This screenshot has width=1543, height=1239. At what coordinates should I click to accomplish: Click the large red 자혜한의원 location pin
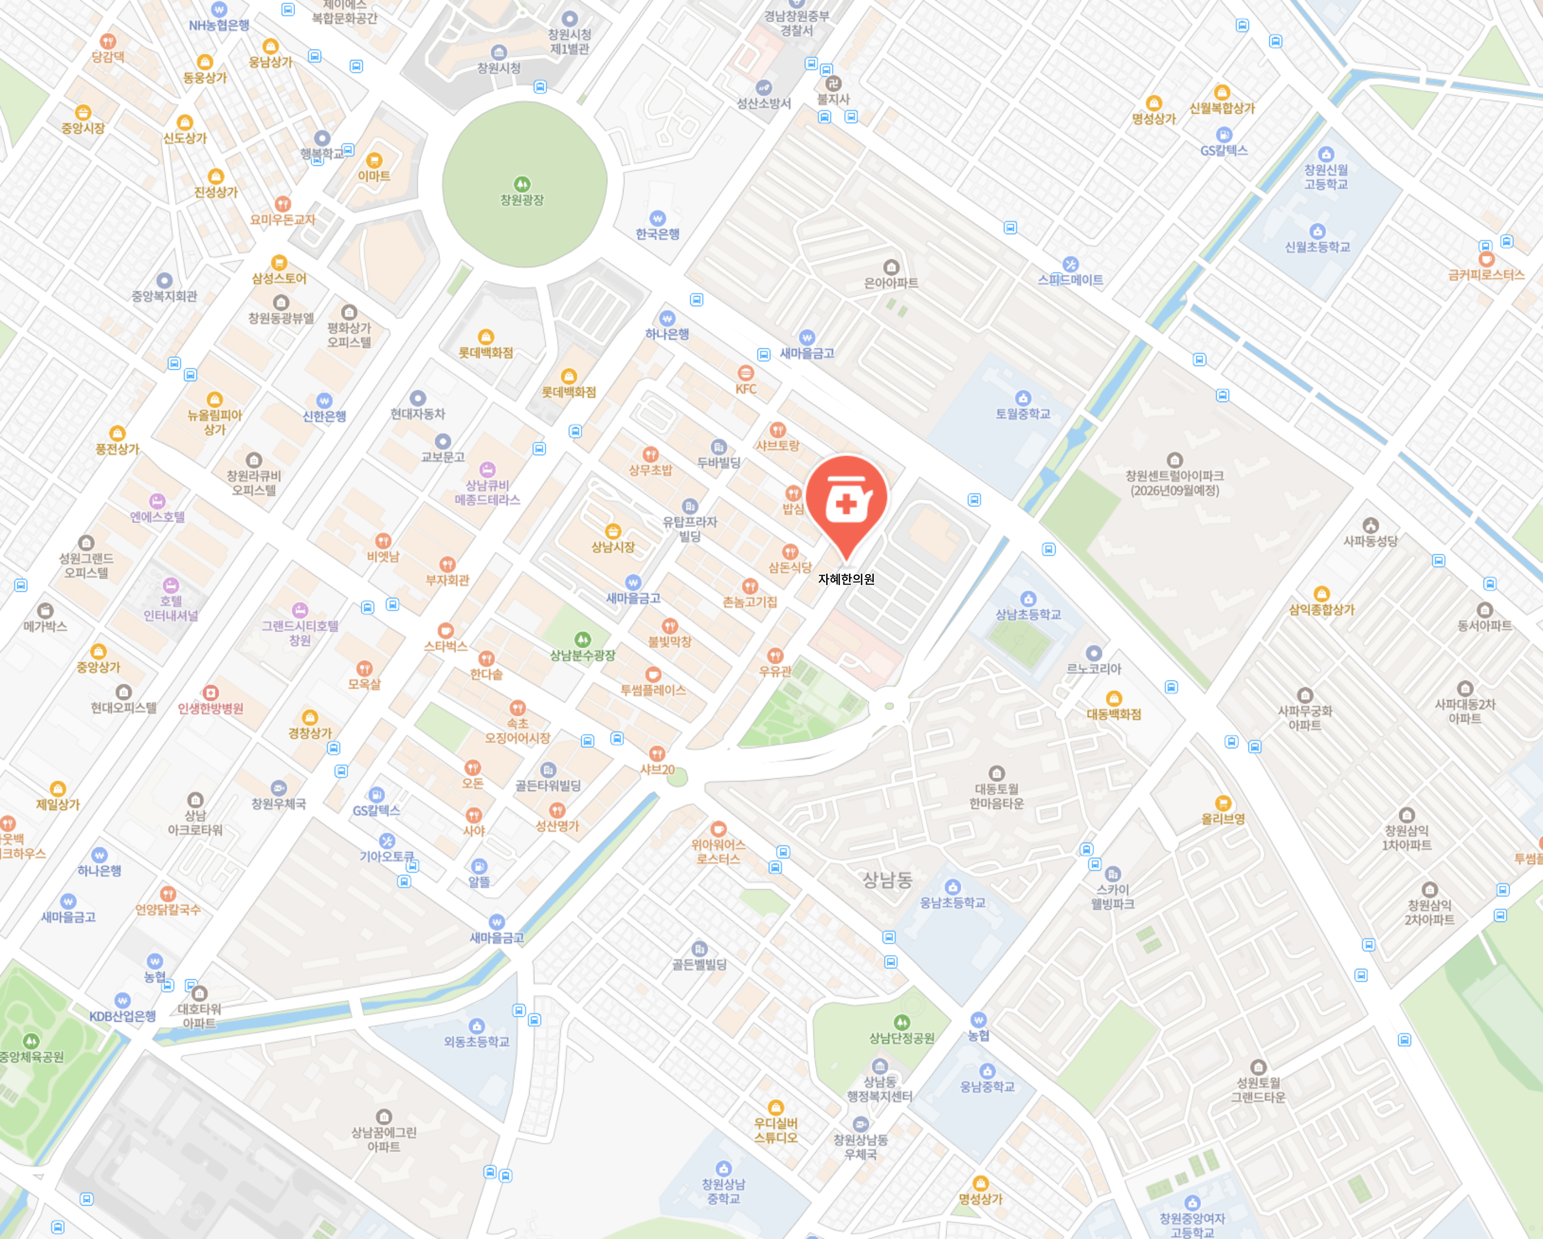pyautogui.click(x=846, y=501)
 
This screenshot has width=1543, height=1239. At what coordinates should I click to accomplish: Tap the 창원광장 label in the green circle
pyautogui.click(x=522, y=200)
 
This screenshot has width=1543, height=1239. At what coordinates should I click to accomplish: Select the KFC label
pyautogui.click(x=746, y=388)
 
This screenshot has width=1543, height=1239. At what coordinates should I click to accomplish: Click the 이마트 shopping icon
pyautogui.click(x=374, y=160)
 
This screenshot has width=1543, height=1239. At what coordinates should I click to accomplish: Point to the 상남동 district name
pyautogui.click(x=887, y=879)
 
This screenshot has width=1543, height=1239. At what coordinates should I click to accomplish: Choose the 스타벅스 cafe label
pyautogui.click(x=445, y=646)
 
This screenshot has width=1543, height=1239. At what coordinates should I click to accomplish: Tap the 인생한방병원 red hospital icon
pyautogui.click(x=211, y=692)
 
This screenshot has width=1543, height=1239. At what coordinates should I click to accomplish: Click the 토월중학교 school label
pyautogui.click(x=1023, y=414)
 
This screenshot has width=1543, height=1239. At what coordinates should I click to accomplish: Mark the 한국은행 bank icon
pyautogui.click(x=657, y=218)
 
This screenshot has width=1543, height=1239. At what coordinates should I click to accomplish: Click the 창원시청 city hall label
pyautogui.click(x=499, y=68)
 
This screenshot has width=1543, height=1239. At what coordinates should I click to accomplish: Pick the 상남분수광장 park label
pyautogui.click(x=583, y=654)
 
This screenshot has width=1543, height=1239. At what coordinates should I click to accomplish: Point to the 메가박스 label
pyautogui.click(x=45, y=626)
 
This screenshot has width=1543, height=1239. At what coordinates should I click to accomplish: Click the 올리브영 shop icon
pyautogui.click(x=1223, y=803)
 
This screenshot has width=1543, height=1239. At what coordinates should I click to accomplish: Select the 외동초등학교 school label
pyautogui.click(x=476, y=1041)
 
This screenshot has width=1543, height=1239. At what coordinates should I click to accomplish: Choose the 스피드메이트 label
pyautogui.click(x=1070, y=280)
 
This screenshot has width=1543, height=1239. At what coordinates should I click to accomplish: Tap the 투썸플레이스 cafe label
pyautogui.click(x=653, y=689)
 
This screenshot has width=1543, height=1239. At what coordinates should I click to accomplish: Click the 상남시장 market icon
pyautogui.click(x=613, y=531)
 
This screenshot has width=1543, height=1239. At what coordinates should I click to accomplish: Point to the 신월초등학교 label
pyautogui.click(x=1317, y=247)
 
